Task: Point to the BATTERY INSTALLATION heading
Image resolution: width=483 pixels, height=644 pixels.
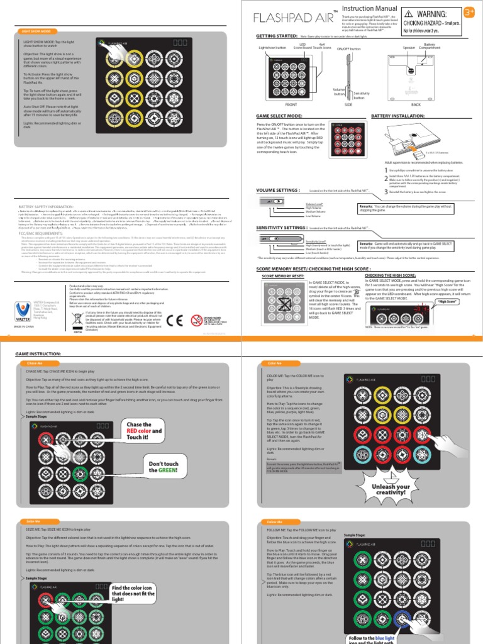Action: (397, 116)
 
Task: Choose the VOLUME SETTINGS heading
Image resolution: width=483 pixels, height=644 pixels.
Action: (277, 189)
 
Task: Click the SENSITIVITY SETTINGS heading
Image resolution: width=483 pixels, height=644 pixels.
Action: (281, 227)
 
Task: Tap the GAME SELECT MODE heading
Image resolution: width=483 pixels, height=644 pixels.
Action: (279, 116)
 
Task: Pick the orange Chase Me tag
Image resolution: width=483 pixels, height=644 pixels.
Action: (34, 364)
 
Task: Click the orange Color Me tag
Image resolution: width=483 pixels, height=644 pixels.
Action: (275, 364)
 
